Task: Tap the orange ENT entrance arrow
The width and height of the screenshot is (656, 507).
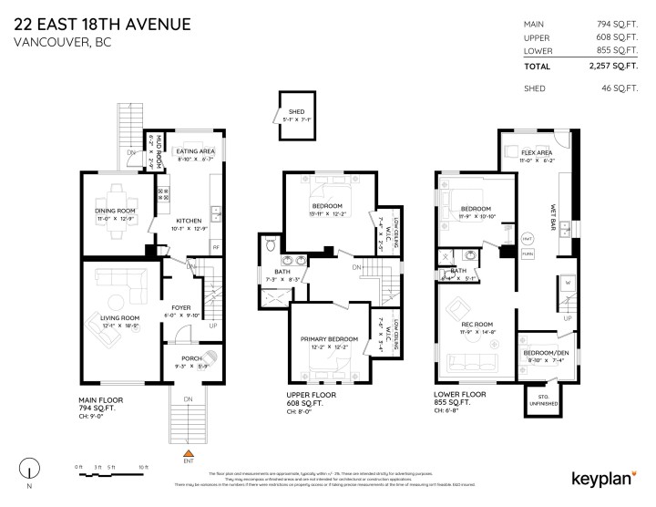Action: click(x=189, y=452)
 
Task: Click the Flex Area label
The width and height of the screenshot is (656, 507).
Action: click(x=538, y=152)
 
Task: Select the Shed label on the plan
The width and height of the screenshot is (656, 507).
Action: click(x=296, y=111)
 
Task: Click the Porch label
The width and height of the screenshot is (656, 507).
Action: click(x=190, y=358)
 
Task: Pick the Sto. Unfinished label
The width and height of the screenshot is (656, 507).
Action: click(x=547, y=398)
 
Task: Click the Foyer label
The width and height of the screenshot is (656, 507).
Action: click(x=181, y=308)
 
